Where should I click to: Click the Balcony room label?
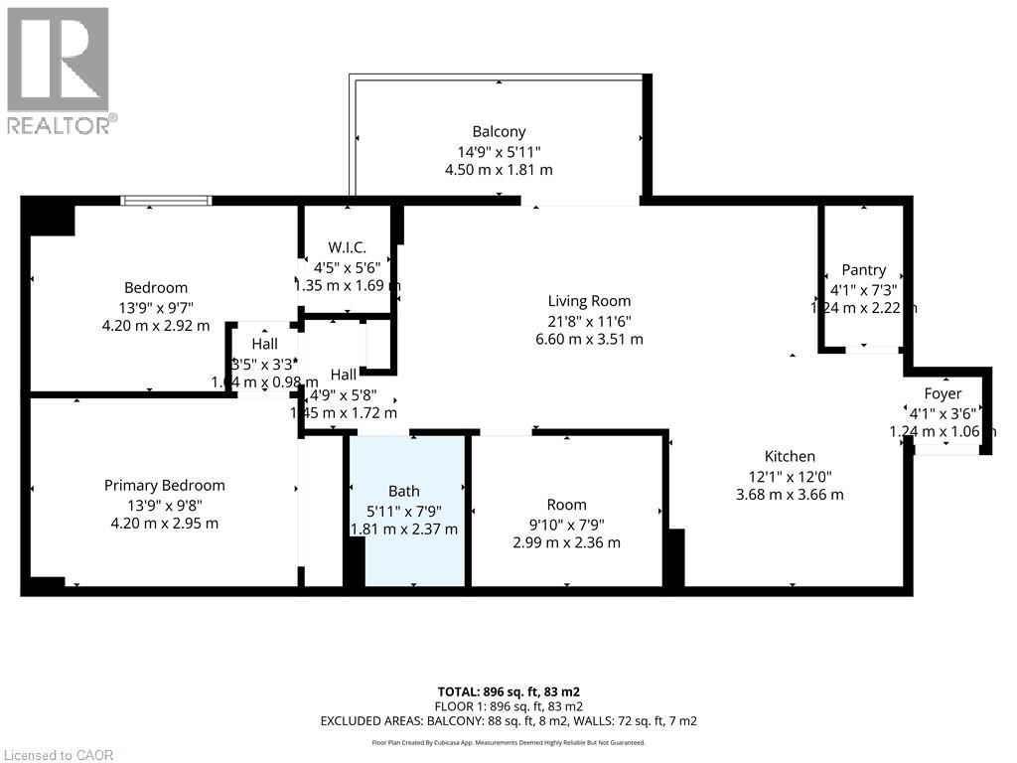point(499,131)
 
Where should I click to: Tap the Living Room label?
point(589,301)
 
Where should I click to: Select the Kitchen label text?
point(790,456)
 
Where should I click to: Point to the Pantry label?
point(863,270)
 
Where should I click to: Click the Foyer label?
point(943,393)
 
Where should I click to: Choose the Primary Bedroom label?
point(165,485)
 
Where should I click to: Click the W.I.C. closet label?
point(348,247)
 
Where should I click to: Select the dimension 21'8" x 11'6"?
point(590,320)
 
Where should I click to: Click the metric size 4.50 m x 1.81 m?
point(499,170)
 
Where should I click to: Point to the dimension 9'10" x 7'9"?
point(566,524)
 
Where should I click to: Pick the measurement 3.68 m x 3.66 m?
point(790,494)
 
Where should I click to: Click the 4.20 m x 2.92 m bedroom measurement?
point(156,325)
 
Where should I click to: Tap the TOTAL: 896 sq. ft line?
point(508,691)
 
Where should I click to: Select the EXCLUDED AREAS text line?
point(508,720)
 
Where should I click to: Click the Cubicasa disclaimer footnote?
point(508,742)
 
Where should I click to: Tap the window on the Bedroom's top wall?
point(166,201)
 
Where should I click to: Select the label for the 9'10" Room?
point(566,504)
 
